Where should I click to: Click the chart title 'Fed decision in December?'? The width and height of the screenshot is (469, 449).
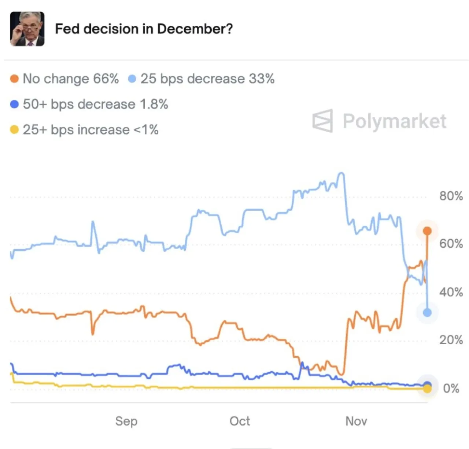coord(144,29)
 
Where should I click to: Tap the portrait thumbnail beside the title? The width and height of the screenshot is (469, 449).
coord(27,29)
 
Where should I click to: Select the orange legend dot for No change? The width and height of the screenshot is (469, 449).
coord(14,78)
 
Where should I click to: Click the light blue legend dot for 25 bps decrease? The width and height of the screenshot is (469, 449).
coord(132,78)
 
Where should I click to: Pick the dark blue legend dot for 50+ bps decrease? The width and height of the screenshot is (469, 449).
coord(14,104)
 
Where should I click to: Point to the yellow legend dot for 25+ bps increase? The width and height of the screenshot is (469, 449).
coord(14,130)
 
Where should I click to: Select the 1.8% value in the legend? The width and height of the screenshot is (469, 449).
coord(154,104)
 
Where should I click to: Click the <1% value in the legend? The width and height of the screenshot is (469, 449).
coord(146,130)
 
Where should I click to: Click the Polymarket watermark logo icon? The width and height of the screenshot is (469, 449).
coord(322,121)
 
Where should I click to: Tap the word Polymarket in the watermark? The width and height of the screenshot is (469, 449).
coord(395,121)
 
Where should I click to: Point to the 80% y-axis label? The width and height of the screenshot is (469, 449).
coord(451,196)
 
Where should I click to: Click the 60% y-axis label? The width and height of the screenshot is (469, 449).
coord(451,243)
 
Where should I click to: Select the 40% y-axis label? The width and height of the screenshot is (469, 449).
coord(451,292)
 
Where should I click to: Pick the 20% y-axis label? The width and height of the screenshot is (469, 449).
coord(451,340)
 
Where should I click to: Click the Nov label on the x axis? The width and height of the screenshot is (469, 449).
coord(356,421)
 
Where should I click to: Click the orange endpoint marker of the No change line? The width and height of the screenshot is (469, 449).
coord(427,231)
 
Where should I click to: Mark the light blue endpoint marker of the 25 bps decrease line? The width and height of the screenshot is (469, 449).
coord(427,313)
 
